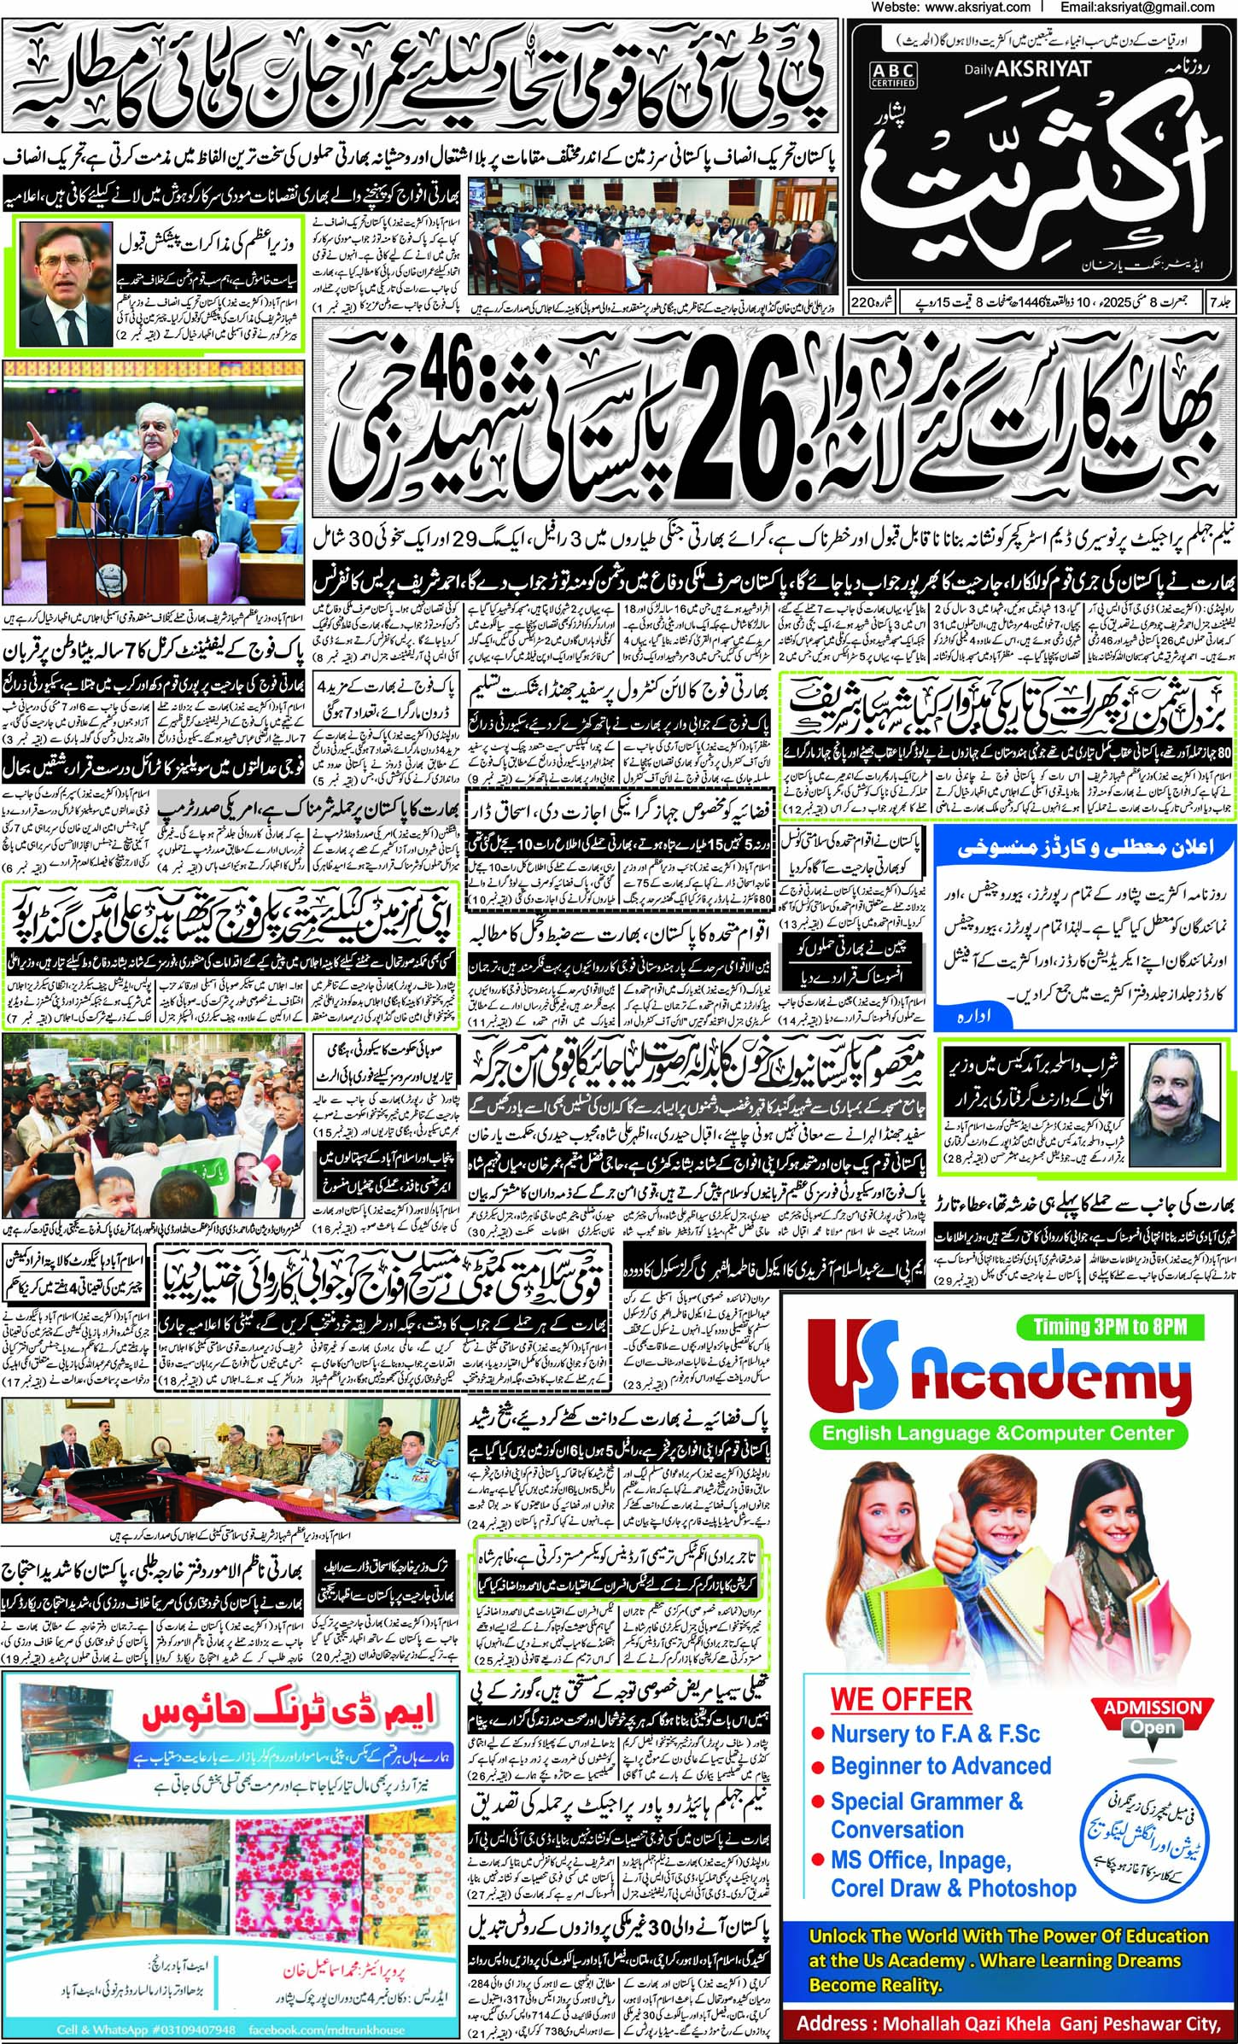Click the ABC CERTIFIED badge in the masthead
[893, 74]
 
